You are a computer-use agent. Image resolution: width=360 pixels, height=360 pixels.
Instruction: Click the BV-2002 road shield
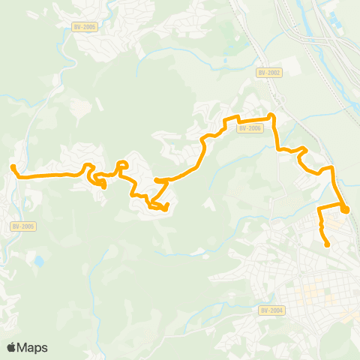268,72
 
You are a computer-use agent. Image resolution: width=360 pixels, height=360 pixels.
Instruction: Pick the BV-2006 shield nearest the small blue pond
24,226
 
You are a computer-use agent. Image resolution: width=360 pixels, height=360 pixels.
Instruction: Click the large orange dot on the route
344,209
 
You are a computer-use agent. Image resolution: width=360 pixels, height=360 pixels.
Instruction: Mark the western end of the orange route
13,167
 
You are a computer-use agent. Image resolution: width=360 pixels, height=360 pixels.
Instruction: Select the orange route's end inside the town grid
328,244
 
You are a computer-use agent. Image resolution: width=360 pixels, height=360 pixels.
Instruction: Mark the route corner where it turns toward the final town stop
319,205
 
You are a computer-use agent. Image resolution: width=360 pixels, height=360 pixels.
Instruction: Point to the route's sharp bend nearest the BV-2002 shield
271,116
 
